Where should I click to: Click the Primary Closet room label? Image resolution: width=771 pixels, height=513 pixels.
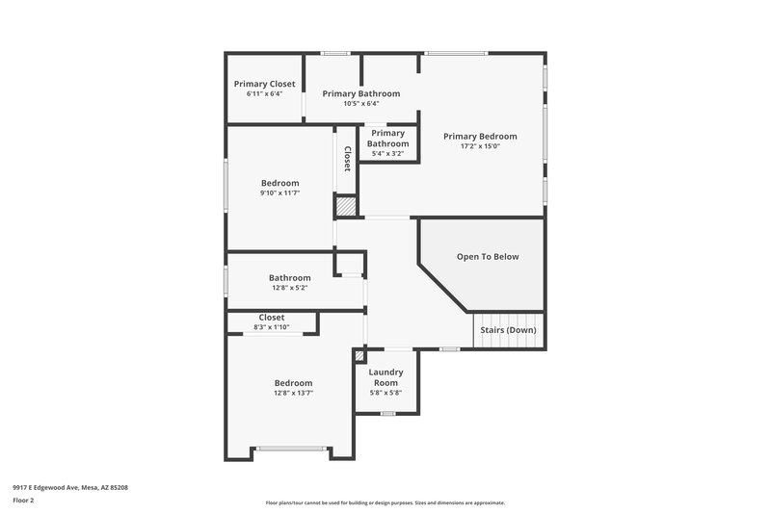(264, 85)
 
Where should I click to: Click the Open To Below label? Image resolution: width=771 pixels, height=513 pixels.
(488, 257)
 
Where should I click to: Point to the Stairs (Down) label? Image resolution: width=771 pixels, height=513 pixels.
(508, 330)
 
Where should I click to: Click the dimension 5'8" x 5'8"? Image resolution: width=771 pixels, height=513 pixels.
(385, 393)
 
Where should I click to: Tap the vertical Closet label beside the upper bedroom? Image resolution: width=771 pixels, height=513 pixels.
(347, 160)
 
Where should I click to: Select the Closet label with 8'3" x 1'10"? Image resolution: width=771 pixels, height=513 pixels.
(272, 318)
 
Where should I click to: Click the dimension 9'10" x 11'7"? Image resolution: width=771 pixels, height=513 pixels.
(279, 193)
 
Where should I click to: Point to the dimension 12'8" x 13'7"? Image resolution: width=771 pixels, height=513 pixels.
(293, 393)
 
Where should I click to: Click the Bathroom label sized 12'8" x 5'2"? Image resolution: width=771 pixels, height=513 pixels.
(289, 278)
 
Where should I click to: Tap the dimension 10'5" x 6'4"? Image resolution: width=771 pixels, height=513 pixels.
(360, 104)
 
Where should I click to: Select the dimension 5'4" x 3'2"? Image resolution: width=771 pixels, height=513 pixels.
(387, 153)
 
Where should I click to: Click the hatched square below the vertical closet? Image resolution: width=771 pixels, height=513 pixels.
(346, 206)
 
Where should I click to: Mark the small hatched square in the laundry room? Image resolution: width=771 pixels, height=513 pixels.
(360, 355)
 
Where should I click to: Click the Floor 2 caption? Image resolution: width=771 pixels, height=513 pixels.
(23, 500)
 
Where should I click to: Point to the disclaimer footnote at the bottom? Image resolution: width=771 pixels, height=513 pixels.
(385, 502)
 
